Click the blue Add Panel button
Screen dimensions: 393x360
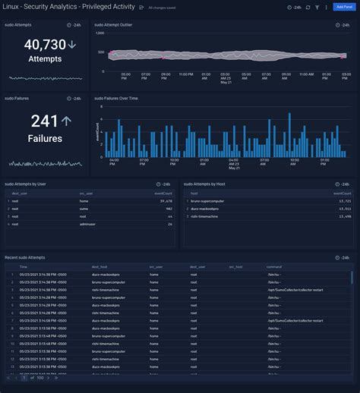pos(343,7)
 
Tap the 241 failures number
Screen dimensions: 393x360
pos(45,121)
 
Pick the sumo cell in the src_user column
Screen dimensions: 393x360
pos(84,208)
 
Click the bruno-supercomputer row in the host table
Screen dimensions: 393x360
pos(210,200)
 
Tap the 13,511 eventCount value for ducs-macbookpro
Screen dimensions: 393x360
pos(343,208)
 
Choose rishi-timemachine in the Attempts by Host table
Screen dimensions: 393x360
pos(206,215)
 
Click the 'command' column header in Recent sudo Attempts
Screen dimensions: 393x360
pos(275,267)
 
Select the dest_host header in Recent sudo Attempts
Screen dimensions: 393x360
pos(99,267)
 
